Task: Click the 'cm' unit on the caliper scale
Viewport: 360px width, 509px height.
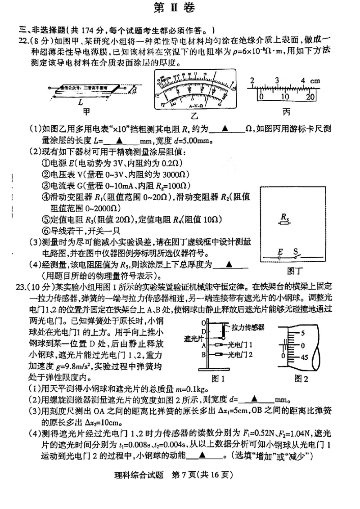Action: [x=315, y=81]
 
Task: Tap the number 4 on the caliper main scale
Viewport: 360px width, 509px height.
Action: [x=304, y=81]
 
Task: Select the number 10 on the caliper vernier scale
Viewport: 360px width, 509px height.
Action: [x=284, y=97]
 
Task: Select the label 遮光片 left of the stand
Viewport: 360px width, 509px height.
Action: [x=194, y=337]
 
